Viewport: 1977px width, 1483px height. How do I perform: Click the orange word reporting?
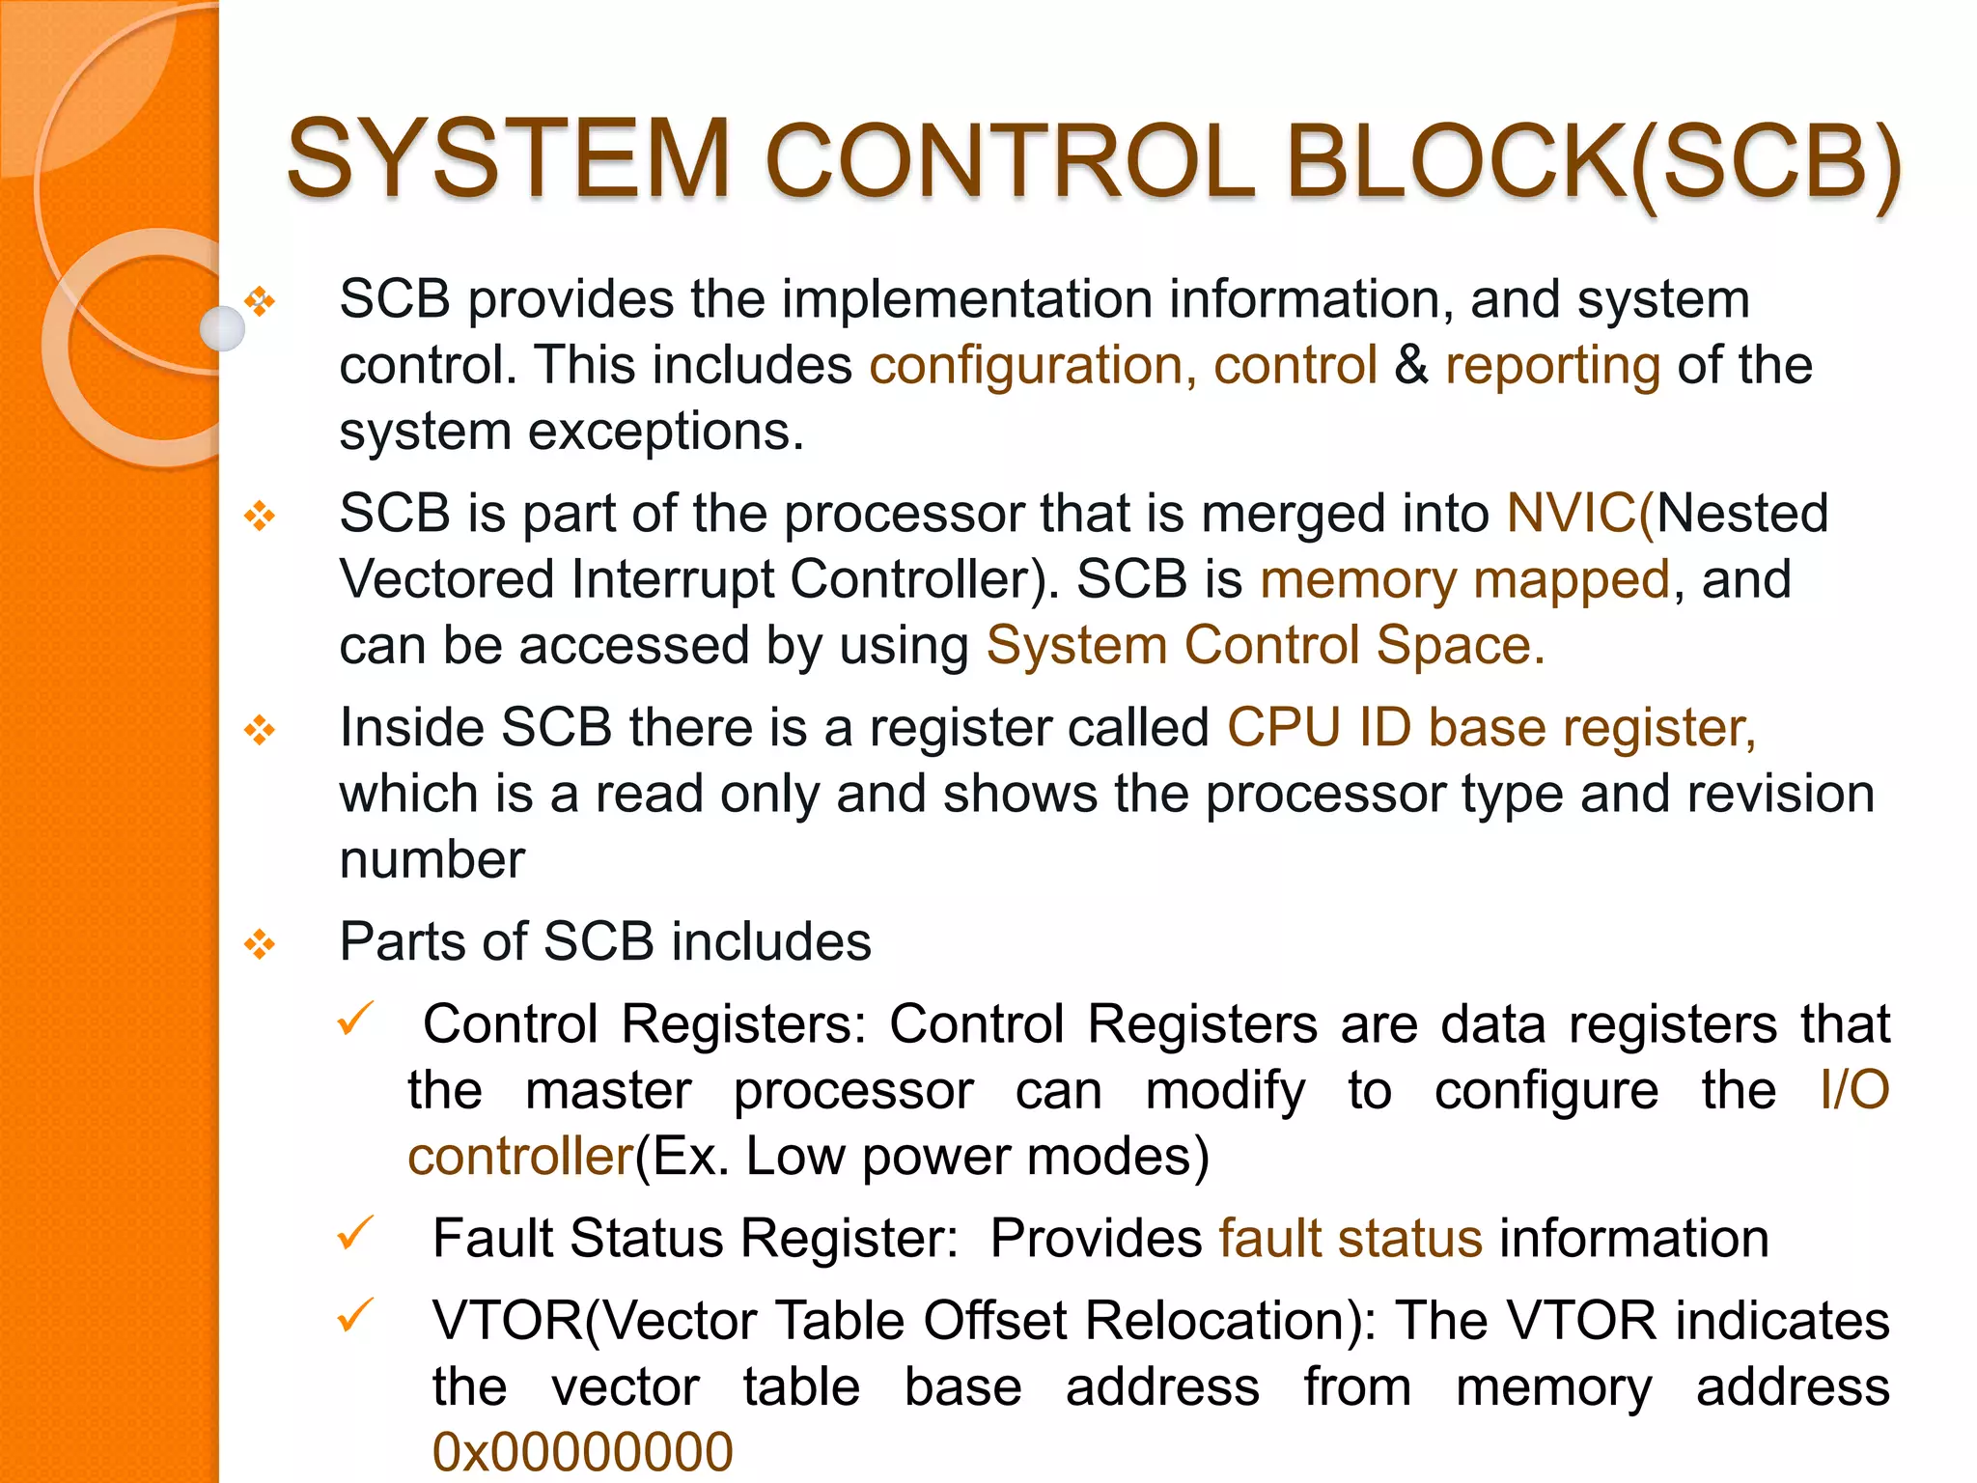[1552, 366]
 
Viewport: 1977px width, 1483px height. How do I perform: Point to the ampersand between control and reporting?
[1411, 366]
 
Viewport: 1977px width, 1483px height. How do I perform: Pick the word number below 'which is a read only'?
[432, 859]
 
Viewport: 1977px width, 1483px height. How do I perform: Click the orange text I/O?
[1853, 1090]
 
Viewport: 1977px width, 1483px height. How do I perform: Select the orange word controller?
[519, 1157]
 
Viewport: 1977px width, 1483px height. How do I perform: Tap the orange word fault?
[1269, 1239]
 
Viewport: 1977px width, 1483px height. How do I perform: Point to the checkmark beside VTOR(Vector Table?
[355, 1314]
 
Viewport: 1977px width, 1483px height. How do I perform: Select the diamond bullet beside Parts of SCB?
[260, 943]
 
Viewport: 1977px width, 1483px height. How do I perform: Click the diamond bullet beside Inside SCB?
[260, 730]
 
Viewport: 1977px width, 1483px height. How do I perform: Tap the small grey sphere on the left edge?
[222, 328]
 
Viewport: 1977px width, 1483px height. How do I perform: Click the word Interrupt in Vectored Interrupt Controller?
[672, 580]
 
